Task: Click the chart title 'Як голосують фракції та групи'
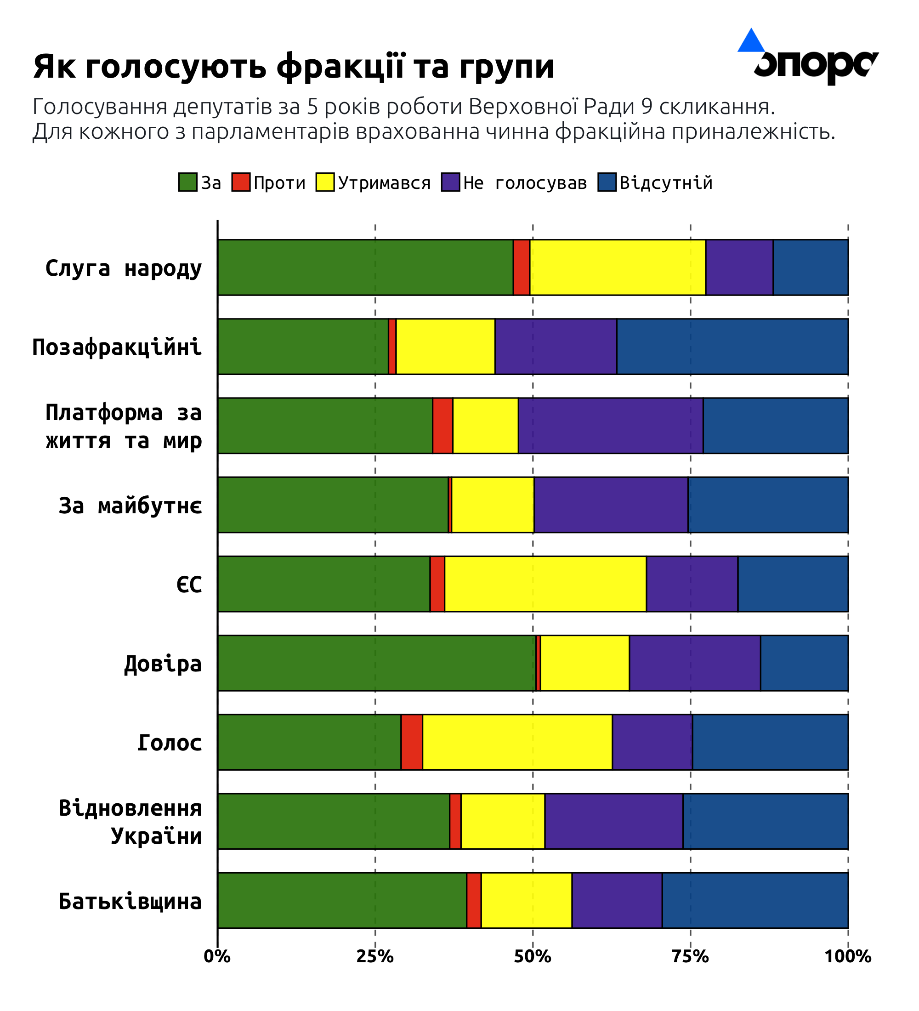294,67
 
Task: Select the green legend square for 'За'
187,182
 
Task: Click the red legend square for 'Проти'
241,182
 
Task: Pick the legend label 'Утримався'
384,183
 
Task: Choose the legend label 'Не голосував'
525,183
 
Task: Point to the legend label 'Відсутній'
666,183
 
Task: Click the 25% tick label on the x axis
375,957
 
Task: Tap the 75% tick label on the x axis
690,957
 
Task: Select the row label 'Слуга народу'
123,268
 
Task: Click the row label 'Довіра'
163,664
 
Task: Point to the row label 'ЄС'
189,585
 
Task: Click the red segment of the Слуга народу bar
522,267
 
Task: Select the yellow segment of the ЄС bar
545,584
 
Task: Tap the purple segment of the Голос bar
652,742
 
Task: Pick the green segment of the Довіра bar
376,663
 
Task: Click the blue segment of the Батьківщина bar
755,901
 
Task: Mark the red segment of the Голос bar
412,742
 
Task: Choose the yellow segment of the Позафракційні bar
445,346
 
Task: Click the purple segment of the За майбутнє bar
611,505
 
